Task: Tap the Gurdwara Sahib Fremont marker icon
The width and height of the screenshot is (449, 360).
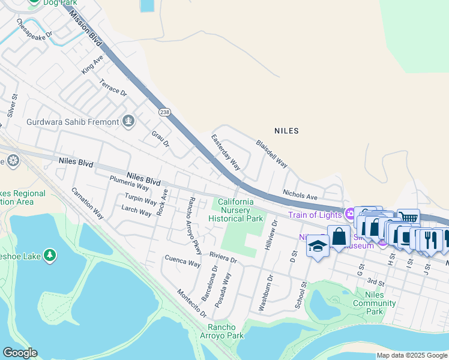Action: (x=128, y=122)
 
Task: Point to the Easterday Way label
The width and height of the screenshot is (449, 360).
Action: (x=226, y=152)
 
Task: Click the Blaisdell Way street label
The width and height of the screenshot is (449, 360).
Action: (x=272, y=154)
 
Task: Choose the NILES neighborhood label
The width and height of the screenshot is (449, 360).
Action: (x=286, y=130)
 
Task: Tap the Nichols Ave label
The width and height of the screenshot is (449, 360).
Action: (x=300, y=196)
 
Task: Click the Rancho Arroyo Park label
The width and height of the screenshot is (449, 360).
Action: (x=226, y=331)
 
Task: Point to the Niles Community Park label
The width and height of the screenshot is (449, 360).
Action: (x=375, y=302)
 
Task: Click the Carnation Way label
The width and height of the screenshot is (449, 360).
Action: (x=87, y=202)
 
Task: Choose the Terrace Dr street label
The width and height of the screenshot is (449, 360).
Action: (x=113, y=88)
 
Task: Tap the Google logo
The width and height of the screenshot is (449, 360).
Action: (x=20, y=353)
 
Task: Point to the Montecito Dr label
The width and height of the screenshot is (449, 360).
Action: (x=191, y=303)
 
